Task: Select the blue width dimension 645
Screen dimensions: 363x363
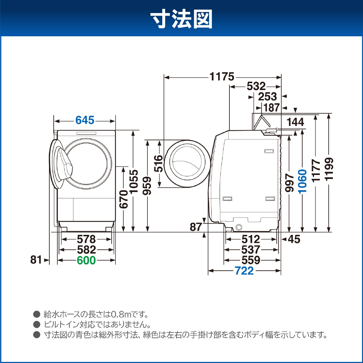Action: click(85, 120)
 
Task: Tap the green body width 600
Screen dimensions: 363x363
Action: click(86, 260)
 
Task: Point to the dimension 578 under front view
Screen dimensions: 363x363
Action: click(86, 239)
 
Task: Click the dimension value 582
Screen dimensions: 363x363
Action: click(86, 250)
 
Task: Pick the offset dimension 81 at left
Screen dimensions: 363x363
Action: click(36, 260)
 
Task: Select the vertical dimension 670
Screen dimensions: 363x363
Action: click(124, 199)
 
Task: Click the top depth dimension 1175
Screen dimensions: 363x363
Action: click(222, 77)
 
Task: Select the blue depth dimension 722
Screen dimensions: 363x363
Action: click(244, 271)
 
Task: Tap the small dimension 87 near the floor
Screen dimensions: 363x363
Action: click(196, 227)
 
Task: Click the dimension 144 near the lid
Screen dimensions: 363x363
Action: click(295, 122)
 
